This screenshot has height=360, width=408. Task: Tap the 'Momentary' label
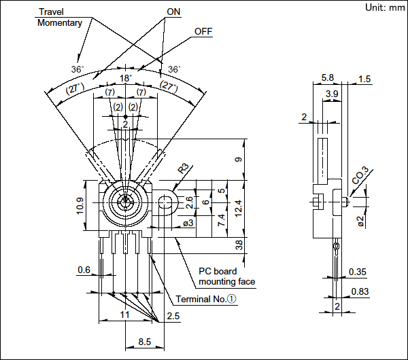click(x=60, y=22)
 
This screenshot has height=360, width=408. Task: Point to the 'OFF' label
click(x=203, y=32)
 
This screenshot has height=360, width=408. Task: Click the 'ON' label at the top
click(x=174, y=12)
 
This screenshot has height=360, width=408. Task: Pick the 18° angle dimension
click(x=126, y=79)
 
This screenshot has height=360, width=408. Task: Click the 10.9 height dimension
click(x=80, y=204)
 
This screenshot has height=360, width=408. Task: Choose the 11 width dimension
click(x=124, y=315)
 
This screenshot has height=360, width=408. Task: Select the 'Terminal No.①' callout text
click(x=206, y=300)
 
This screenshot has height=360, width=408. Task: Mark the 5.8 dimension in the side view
click(x=327, y=79)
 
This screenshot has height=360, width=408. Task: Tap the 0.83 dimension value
click(x=360, y=291)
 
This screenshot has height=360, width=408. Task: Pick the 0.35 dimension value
click(x=360, y=272)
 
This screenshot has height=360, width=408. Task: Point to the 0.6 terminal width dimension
click(x=84, y=270)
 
